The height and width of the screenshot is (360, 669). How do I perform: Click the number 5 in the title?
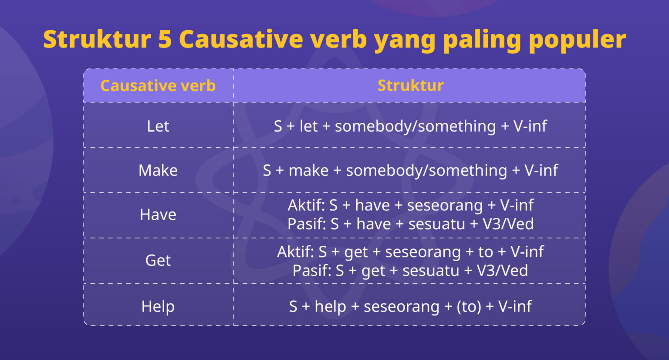(x=165, y=39)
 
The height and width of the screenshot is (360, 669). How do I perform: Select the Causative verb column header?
(x=158, y=85)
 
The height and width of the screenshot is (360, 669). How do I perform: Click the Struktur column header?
(x=410, y=85)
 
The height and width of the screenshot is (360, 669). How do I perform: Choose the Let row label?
(x=158, y=126)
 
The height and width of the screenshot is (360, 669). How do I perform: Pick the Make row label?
(x=158, y=170)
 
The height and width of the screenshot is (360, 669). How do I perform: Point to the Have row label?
(x=158, y=214)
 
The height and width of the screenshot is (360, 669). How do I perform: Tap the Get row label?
(x=158, y=260)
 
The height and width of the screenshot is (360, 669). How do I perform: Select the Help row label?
(x=158, y=306)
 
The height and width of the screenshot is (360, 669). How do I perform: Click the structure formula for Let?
(x=410, y=126)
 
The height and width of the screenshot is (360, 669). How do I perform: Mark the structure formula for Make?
(x=410, y=170)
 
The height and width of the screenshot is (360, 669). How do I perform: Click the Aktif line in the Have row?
(x=410, y=205)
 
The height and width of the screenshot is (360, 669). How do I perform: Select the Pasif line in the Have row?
(x=410, y=224)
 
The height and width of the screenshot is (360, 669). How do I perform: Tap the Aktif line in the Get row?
(x=410, y=251)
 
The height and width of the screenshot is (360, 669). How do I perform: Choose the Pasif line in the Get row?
(x=410, y=270)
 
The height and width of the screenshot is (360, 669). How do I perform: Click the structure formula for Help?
(x=410, y=306)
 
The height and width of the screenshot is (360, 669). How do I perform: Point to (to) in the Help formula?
(x=469, y=306)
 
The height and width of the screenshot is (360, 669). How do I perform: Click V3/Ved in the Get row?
(x=502, y=270)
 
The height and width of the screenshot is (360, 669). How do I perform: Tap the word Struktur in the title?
(x=97, y=39)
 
